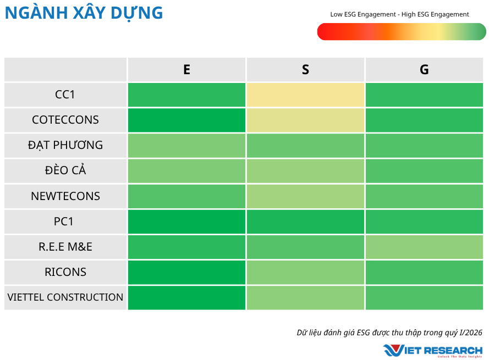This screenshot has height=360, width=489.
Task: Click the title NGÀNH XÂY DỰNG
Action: (84, 13)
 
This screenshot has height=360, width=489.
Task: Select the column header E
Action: (186, 70)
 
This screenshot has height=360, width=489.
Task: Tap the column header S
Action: (305, 70)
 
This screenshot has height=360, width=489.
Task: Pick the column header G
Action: (424, 70)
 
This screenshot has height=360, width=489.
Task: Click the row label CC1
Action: (65, 95)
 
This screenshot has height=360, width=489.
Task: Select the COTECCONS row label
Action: (65, 120)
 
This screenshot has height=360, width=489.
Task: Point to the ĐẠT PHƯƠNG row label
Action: (65, 145)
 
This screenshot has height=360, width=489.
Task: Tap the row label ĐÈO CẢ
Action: (65, 170)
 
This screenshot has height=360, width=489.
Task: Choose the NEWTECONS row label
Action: (65, 196)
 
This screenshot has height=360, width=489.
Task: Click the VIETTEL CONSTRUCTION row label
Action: (65, 297)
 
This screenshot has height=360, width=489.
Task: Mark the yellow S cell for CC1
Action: (305, 95)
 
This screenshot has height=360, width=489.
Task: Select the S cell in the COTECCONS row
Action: (305, 120)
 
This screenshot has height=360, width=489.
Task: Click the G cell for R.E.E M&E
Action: (424, 247)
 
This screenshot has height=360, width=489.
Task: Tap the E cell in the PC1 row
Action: (186, 221)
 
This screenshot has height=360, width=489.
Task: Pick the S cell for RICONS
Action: (305, 272)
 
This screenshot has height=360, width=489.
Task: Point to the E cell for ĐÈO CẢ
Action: (186, 170)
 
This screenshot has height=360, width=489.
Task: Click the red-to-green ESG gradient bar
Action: (402, 32)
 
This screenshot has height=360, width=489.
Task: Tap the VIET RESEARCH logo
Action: (433, 350)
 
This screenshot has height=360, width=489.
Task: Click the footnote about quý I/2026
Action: (389, 332)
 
